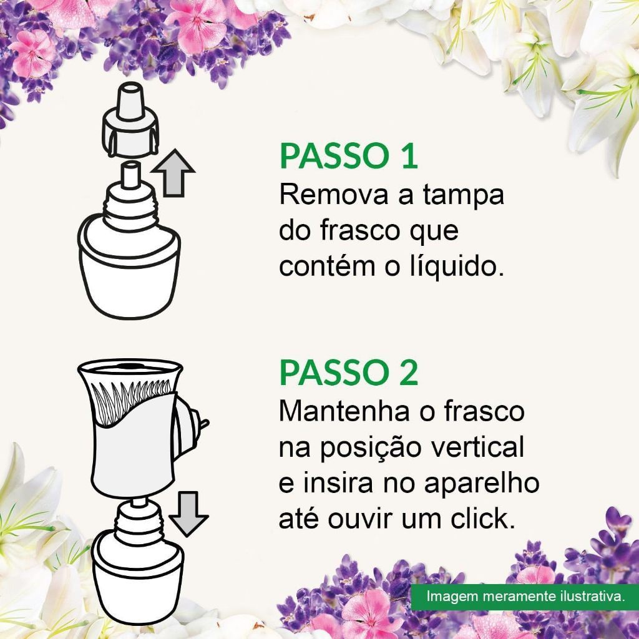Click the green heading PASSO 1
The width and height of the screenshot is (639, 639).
tap(348, 155)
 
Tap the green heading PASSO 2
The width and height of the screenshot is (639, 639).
tap(348, 373)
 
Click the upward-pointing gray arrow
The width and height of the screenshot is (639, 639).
tap(173, 173)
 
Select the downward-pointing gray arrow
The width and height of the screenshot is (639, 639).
tap(188, 514)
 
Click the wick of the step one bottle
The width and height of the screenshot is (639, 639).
tap(130, 175)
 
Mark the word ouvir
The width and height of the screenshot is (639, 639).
tap(361, 519)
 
